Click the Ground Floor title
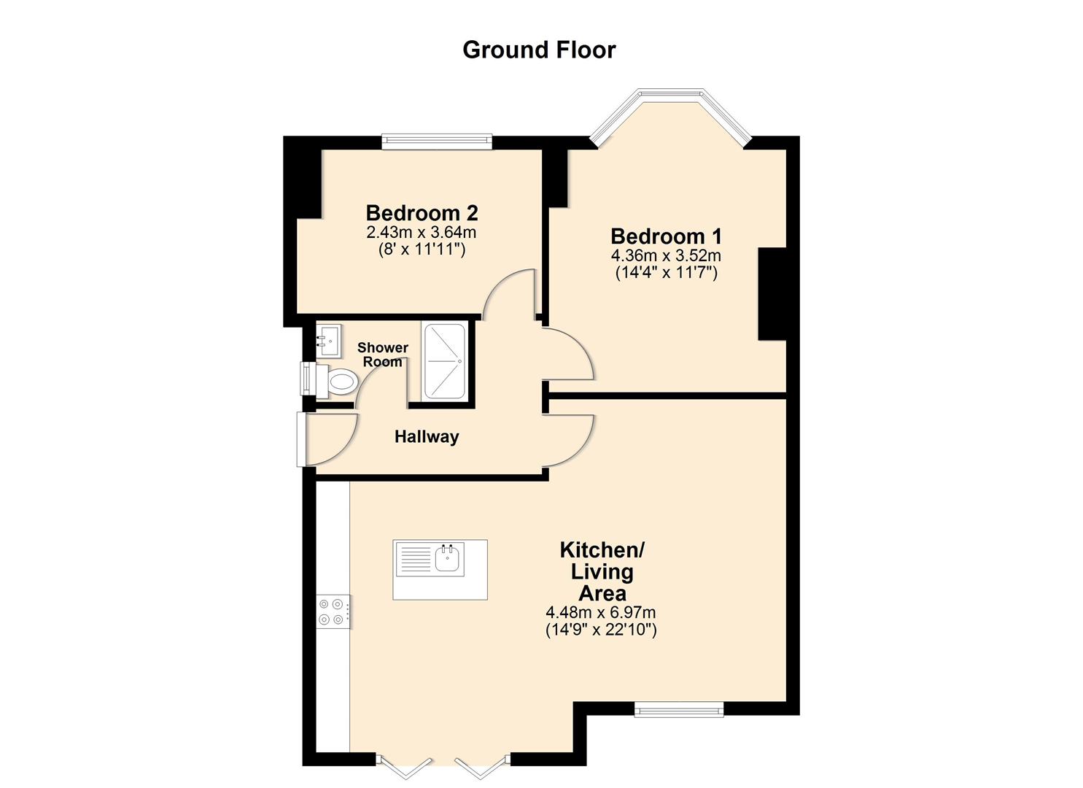(539, 50)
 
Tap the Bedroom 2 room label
(422, 213)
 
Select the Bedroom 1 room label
(666, 236)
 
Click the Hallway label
(427, 437)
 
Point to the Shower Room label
(382, 355)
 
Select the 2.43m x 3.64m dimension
(422, 233)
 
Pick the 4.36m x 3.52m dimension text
(666, 256)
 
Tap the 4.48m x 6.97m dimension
(601, 613)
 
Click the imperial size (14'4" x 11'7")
(666, 273)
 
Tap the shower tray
(443, 362)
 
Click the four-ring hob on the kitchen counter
(331, 611)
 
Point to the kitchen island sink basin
(448, 559)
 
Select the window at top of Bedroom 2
(437, 142)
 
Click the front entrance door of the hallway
(301, 439)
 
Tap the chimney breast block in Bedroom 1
(772, 294)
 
